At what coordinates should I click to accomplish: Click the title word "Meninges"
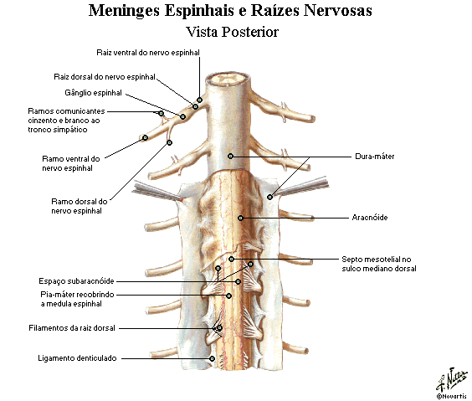tap(124, 11)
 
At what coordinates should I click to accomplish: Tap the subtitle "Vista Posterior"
tap(232, 32)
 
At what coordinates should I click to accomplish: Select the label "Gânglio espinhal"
tap(94, 93)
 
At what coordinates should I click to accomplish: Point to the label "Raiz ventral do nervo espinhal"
tap(148, 53)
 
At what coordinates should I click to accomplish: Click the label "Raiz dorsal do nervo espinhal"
tap(105, 77)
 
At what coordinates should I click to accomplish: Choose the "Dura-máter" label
tap(374, 157)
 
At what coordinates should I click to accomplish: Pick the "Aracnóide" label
tap(370, 218)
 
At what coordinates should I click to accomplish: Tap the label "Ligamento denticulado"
tap(77, 358)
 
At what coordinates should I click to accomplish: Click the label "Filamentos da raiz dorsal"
tap(72, 328)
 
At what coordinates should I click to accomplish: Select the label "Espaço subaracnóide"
tap(76, 281)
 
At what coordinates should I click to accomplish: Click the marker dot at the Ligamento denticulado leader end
tap(212, 358)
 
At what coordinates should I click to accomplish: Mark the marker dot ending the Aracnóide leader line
tap(240, 218)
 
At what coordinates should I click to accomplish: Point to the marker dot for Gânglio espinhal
tap(182, 116)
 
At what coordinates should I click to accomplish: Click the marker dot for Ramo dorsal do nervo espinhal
tap(170, 142)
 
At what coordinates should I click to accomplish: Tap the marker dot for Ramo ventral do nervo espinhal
tap(145, 137)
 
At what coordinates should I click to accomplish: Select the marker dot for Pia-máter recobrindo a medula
tap(228, 296)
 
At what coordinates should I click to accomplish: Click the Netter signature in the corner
tap(452, 379)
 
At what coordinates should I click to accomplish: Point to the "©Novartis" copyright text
tap(452, 396)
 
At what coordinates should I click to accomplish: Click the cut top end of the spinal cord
tap(228, 80)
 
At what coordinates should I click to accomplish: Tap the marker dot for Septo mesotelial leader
tap(231, 259)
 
